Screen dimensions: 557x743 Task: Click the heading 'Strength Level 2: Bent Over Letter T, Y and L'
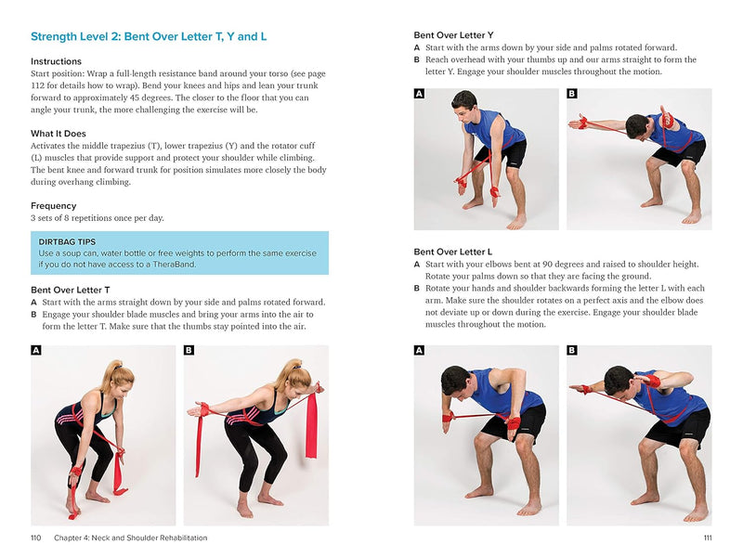(149, 37)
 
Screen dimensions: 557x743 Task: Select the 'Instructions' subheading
(56, 61)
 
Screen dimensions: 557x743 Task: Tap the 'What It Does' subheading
(59, 134)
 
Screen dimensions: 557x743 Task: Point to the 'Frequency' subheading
(53, 206)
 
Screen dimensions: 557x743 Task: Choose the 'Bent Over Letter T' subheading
(77, 290)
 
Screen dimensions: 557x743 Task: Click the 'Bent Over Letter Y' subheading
(453, 35)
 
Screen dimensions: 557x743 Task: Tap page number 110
(35, 538)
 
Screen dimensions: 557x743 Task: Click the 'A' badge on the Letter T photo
(36, 350)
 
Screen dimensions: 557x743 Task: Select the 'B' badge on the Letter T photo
(189, 350)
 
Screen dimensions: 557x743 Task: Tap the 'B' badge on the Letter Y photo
(571, 94)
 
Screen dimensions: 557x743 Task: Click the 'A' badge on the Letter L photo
(419, 350)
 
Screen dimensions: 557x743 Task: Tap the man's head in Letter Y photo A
(463, 103)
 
